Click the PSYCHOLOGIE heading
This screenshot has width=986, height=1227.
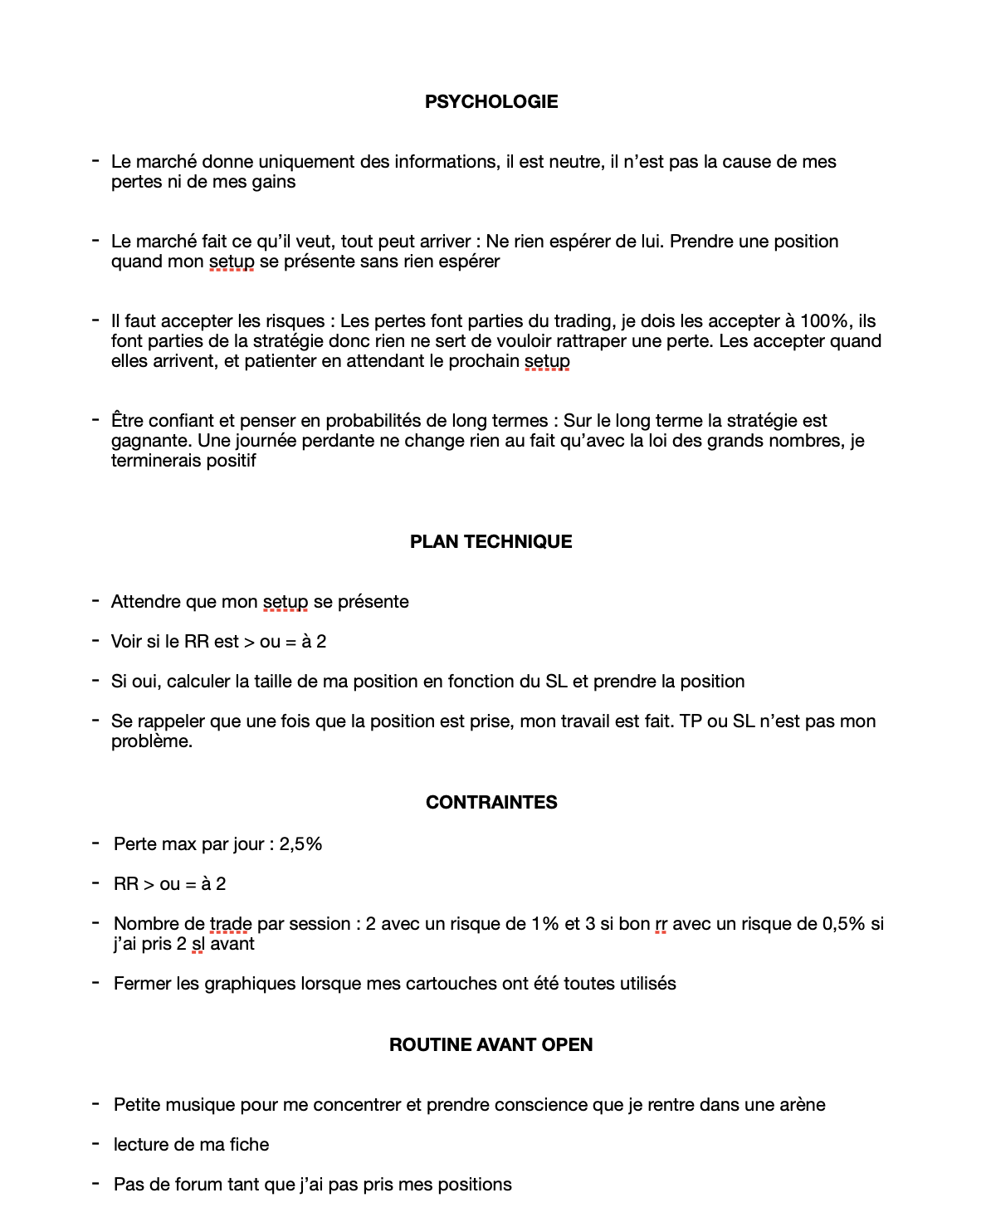[x=491, y=102]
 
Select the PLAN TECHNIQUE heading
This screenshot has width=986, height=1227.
[x=491, y=542]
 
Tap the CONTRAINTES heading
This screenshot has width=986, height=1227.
[x=491, y=803]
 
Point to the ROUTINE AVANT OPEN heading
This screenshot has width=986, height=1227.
[x=491, y=1045]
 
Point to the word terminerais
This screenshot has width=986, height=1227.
[x=155, y=461]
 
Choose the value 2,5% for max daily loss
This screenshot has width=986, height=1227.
[x=300, y=844]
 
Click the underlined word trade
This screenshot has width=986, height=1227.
[x=230, y=924]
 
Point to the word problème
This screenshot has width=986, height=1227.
[x=151, y=741]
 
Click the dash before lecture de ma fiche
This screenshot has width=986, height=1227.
[x=95, y=1144]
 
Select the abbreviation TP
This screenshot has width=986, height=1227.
[x=691, y=721]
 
